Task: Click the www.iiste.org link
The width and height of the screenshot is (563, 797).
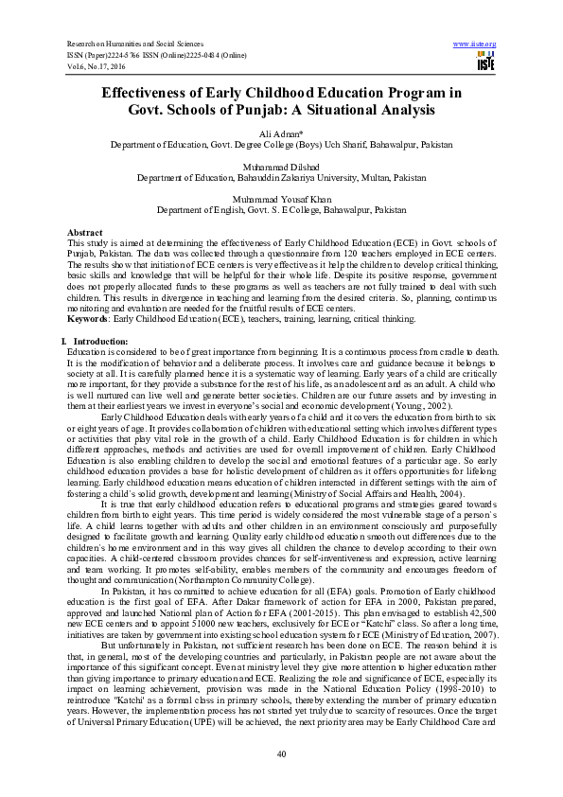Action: click(x=475, y=44)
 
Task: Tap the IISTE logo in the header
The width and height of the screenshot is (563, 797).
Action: click(x=486, y=62)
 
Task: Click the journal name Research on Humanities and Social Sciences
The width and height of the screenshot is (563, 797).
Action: click(x=135, y=44)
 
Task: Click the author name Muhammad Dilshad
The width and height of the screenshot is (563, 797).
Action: click(x=281, y=168)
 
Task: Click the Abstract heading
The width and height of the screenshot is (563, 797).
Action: click(x=85, y=233)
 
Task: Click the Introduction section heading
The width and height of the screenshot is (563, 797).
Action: click(x=94, y=340)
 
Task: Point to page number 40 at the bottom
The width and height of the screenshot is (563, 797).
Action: click(x=281, y=753)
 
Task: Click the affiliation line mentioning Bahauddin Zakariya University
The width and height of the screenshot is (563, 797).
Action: click(x=281, y=178)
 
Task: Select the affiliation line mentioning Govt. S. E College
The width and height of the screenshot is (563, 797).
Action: click(x=281, y=210)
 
